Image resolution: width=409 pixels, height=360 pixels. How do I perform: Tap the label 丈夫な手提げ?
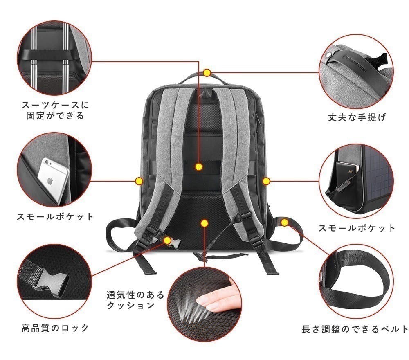pos(357,117)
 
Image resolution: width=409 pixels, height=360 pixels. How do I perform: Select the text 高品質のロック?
pos(55,328)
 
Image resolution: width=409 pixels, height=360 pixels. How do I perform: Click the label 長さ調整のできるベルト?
pos(355,329)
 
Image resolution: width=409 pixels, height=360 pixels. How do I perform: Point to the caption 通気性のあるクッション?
pos(135,300)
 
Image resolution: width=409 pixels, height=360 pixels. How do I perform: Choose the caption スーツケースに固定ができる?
pos(55,110)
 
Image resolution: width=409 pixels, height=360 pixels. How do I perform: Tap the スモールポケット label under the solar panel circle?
pos(357,228)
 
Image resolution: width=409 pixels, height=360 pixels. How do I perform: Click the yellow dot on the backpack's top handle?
pos(207,73)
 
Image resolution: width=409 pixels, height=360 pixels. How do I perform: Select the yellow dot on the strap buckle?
pos(167,240)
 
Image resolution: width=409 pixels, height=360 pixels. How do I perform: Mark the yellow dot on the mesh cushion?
pos(204,223)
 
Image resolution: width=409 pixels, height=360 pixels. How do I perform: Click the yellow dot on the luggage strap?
pos(199,167)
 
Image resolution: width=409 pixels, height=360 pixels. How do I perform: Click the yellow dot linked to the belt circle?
pos(285,222)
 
